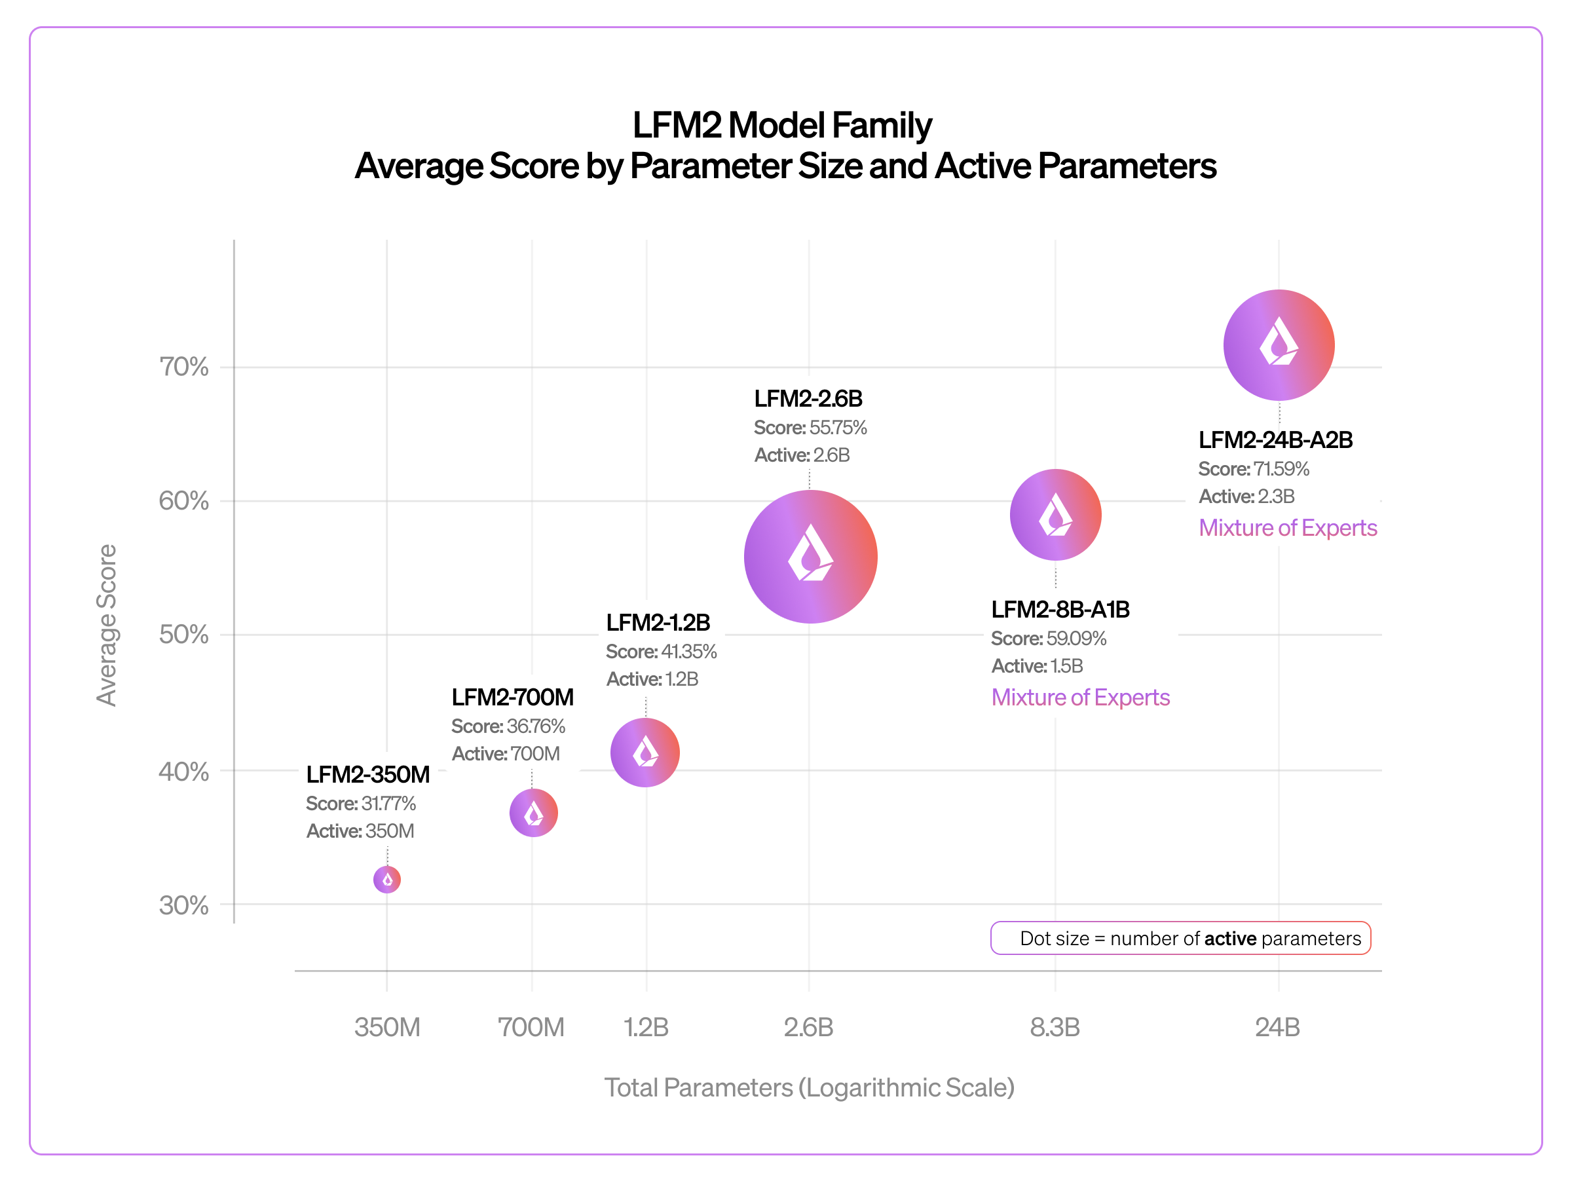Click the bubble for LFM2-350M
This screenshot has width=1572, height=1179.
[x=386, y=879]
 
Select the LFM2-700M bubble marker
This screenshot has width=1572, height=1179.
[x=533, y=812]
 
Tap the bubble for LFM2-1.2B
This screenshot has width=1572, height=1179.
[x=645, y=752]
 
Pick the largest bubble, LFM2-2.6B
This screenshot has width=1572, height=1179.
[x=810, y=557]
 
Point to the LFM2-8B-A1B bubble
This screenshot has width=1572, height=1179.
[x=1055, y=515]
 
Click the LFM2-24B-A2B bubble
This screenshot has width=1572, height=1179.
[x=1279, y=345]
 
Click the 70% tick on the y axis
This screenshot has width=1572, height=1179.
[x=183, y=367]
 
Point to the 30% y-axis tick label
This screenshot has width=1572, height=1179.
[x=183, y=905]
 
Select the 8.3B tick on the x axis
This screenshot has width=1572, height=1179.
[x=1055, y=1027]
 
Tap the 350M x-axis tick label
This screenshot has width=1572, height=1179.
[x=387, y=1027]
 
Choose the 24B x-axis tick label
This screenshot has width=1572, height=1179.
[x=1277, y=1027]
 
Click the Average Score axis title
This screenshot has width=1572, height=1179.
[x=107, y=626]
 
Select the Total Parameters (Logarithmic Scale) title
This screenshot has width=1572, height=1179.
[x=809, y=1087]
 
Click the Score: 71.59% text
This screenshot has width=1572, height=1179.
[x=1254, y=469]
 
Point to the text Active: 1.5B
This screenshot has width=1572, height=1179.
[x=1037, y=666]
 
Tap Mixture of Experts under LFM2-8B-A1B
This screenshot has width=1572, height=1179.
[x=1080, y=697]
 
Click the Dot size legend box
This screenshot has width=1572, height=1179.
[x=1180, y=938]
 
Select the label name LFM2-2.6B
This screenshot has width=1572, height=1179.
[x=808, y=399]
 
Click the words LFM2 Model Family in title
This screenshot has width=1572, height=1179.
[x=781, y=125]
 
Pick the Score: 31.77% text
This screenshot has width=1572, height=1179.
[x=360, y=803]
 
